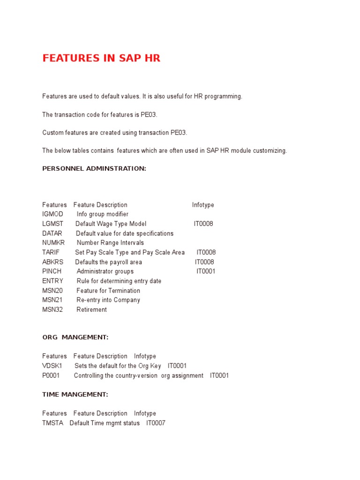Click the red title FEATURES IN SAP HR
pos(101,59)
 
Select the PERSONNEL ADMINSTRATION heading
pos(94,168)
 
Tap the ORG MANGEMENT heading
pos(75,337)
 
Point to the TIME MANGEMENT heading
pos(75,394)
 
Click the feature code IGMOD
pos(52,214)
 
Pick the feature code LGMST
pos(52,224)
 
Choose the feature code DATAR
pos(52,233)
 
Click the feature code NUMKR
pos(53,243)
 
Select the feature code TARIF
pos(51,252)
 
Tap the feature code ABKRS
pos(52,262)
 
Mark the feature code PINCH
pos(52,271)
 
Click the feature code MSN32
pos(52,309)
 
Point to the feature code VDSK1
pos(52,366)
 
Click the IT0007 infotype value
pos(156,423)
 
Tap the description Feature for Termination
pos(108,291)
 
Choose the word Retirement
pos(91,309)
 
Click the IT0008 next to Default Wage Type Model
pos(203,224)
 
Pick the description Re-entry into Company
pos(108,300)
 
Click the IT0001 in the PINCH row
pos(206,271)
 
